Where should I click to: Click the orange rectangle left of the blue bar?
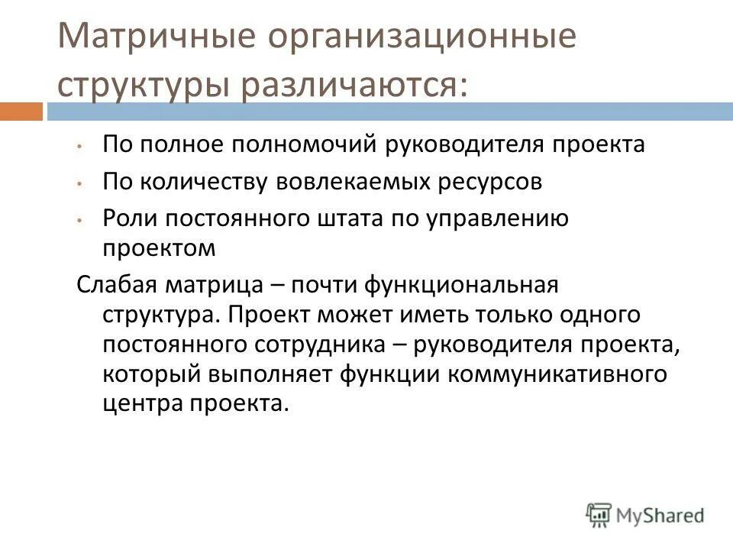21,112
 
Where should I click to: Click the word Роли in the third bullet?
126,219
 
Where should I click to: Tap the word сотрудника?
327,345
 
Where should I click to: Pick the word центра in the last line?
139,404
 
